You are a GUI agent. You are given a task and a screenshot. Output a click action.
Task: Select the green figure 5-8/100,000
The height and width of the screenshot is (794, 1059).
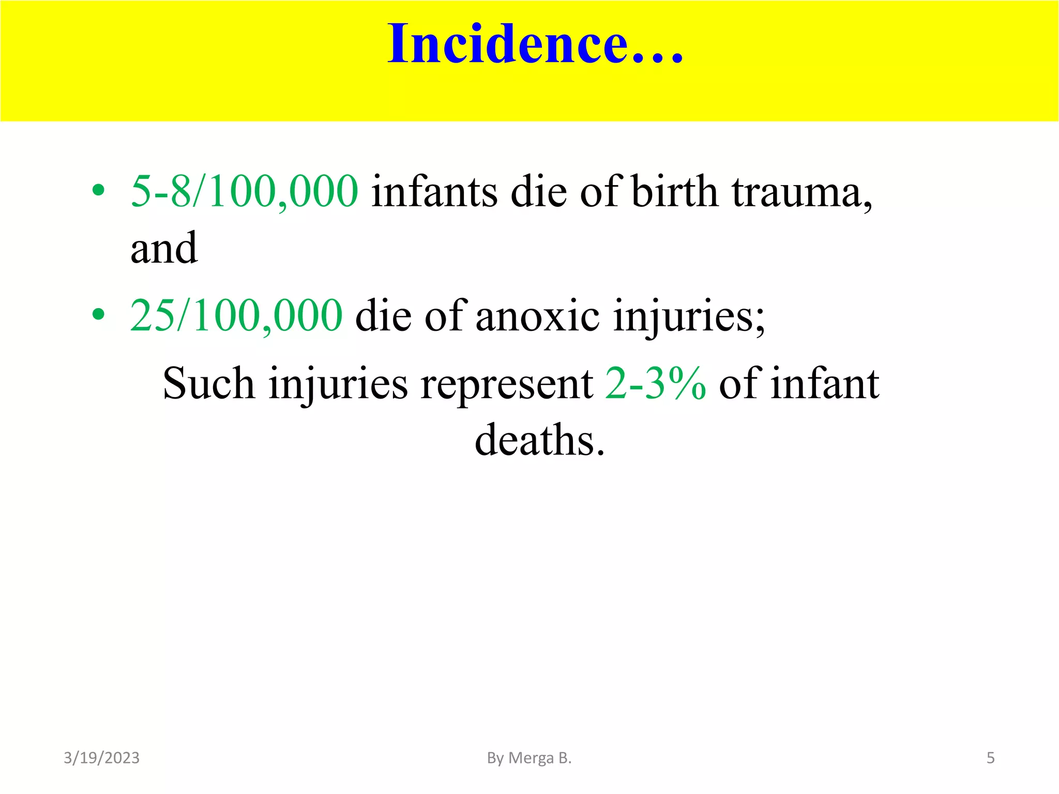pyautogui.click(x=244, y=191)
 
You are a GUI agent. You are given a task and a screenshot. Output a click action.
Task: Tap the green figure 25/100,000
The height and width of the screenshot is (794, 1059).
pyautogui.click(x=236, y=315)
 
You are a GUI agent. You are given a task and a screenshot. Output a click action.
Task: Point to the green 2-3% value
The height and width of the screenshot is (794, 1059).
pyautogui.click(x=655, y=384)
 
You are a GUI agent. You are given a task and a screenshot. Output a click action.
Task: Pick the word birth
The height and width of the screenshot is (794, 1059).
pyautogui.click(x=675, y=191)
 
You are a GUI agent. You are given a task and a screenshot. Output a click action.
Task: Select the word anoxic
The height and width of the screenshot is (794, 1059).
pyautogui.click(x=537, y=316)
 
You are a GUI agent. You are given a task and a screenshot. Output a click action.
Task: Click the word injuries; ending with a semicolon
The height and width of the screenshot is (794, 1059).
pyautogui.click(x=689, y=316)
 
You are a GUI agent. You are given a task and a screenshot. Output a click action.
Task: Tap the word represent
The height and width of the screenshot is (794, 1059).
pyautogui.click(x=506, y=385)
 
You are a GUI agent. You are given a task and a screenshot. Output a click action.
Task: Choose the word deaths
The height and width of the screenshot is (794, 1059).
pyautogui.click(x=539, y=440)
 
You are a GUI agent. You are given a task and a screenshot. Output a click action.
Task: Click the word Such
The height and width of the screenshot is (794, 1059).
pyautogui.click(x=208, y=384)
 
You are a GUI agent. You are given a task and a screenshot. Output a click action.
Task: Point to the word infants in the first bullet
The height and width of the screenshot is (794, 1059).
pyautogui.click(x=434, y=191)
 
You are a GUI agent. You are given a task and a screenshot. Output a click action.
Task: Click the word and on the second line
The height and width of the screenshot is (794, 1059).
pyautogui.click(x=164, y=249)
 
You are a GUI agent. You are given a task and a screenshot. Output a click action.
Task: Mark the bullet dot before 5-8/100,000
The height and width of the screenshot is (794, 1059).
pyautogui.click(x=98, y=191)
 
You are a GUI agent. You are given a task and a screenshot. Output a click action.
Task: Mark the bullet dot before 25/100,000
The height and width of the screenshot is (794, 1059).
pyautogui.click(x=98, y=314)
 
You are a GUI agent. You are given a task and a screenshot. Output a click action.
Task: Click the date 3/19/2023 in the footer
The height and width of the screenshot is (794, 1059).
pyautogui.click(x=101, y=758)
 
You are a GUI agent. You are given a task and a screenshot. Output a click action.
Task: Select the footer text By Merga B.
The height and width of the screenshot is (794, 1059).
pyautogui.click(x=529, y=758)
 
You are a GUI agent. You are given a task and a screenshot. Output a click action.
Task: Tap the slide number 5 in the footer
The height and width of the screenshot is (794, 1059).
pyautogui.click(x=990, y=758)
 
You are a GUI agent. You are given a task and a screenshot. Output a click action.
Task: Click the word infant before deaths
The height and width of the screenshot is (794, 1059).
pyautogui.click(x=825, y=384)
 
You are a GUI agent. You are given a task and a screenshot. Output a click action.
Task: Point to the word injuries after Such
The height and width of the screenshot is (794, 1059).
pyautogui.click(x=338, y=385)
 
